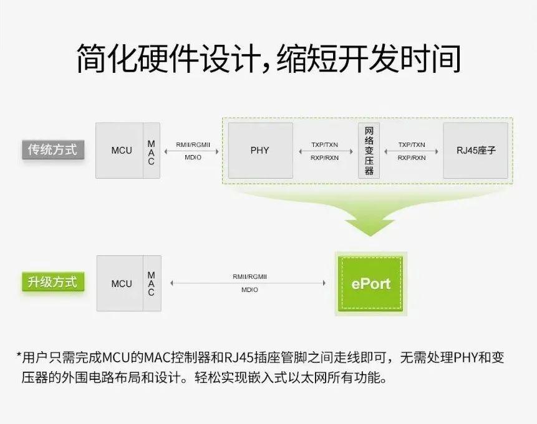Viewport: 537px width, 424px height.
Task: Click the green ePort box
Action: [370, 283]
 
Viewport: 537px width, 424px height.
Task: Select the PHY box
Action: [260, 150]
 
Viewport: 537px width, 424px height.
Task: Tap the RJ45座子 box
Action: [475, 150]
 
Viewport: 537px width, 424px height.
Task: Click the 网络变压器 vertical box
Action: [369, 150]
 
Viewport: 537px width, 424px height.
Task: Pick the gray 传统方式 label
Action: [52, 149]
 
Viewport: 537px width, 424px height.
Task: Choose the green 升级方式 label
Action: [52, 281]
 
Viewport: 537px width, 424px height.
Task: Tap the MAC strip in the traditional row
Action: [151, 150]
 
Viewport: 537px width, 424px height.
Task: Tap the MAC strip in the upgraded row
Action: [151, 283]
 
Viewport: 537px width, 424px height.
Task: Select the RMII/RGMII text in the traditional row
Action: [193, 144]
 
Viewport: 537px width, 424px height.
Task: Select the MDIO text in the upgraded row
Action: [249, 290]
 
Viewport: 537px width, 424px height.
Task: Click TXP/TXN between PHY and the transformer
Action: [324, 144]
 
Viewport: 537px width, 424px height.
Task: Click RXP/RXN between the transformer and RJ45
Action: [412, 158]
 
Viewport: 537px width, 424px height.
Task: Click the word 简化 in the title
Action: [103, 58]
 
